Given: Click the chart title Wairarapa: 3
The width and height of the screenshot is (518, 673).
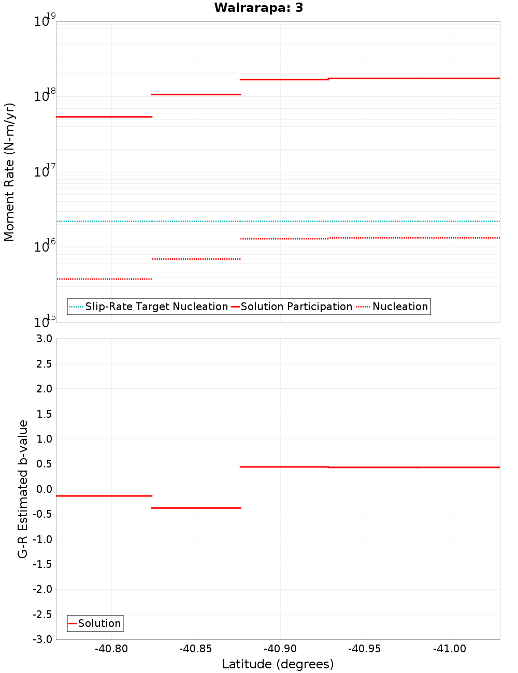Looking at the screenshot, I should pos(258,8).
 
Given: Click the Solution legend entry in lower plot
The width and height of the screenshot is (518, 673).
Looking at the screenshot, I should pos(99,623).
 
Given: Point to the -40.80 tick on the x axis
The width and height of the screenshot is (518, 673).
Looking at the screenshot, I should pos(111,649).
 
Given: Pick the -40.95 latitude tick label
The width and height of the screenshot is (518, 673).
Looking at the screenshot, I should pos(365,649).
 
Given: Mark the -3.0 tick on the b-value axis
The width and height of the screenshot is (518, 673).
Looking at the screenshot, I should pos(43,639).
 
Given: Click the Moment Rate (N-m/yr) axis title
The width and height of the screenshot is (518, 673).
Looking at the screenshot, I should pos(9,172).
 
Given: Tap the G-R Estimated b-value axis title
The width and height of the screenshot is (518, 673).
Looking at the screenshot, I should pos(23,489).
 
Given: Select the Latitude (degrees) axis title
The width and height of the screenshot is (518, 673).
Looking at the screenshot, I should pos(278,664).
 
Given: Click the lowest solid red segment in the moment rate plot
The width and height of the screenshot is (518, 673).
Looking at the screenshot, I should pos(104,117).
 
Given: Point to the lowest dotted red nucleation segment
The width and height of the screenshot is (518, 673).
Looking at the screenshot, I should pos(104,279).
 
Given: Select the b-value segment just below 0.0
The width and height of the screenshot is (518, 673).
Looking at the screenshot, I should pos(104,496).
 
